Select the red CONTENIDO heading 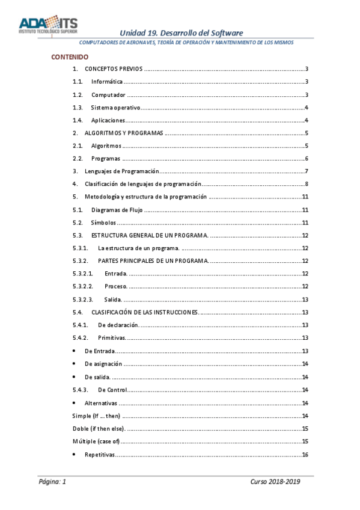tap(70, 57)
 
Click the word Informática tap(107, 82)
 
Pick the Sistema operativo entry tap(115, 108)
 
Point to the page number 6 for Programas tap(307, 159)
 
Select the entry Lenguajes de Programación tap(121, 171)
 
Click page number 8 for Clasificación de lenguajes tap(307, 184)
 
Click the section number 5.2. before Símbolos tap(77, 223)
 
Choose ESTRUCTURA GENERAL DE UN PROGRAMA tap(150, 235)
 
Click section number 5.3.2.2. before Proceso tap(82, 286)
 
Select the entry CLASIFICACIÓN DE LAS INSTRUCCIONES tap(145, 312)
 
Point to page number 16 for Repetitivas tap(305, 454)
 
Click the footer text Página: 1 tap(52, 482)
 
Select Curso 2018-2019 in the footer tap(275, 482)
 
